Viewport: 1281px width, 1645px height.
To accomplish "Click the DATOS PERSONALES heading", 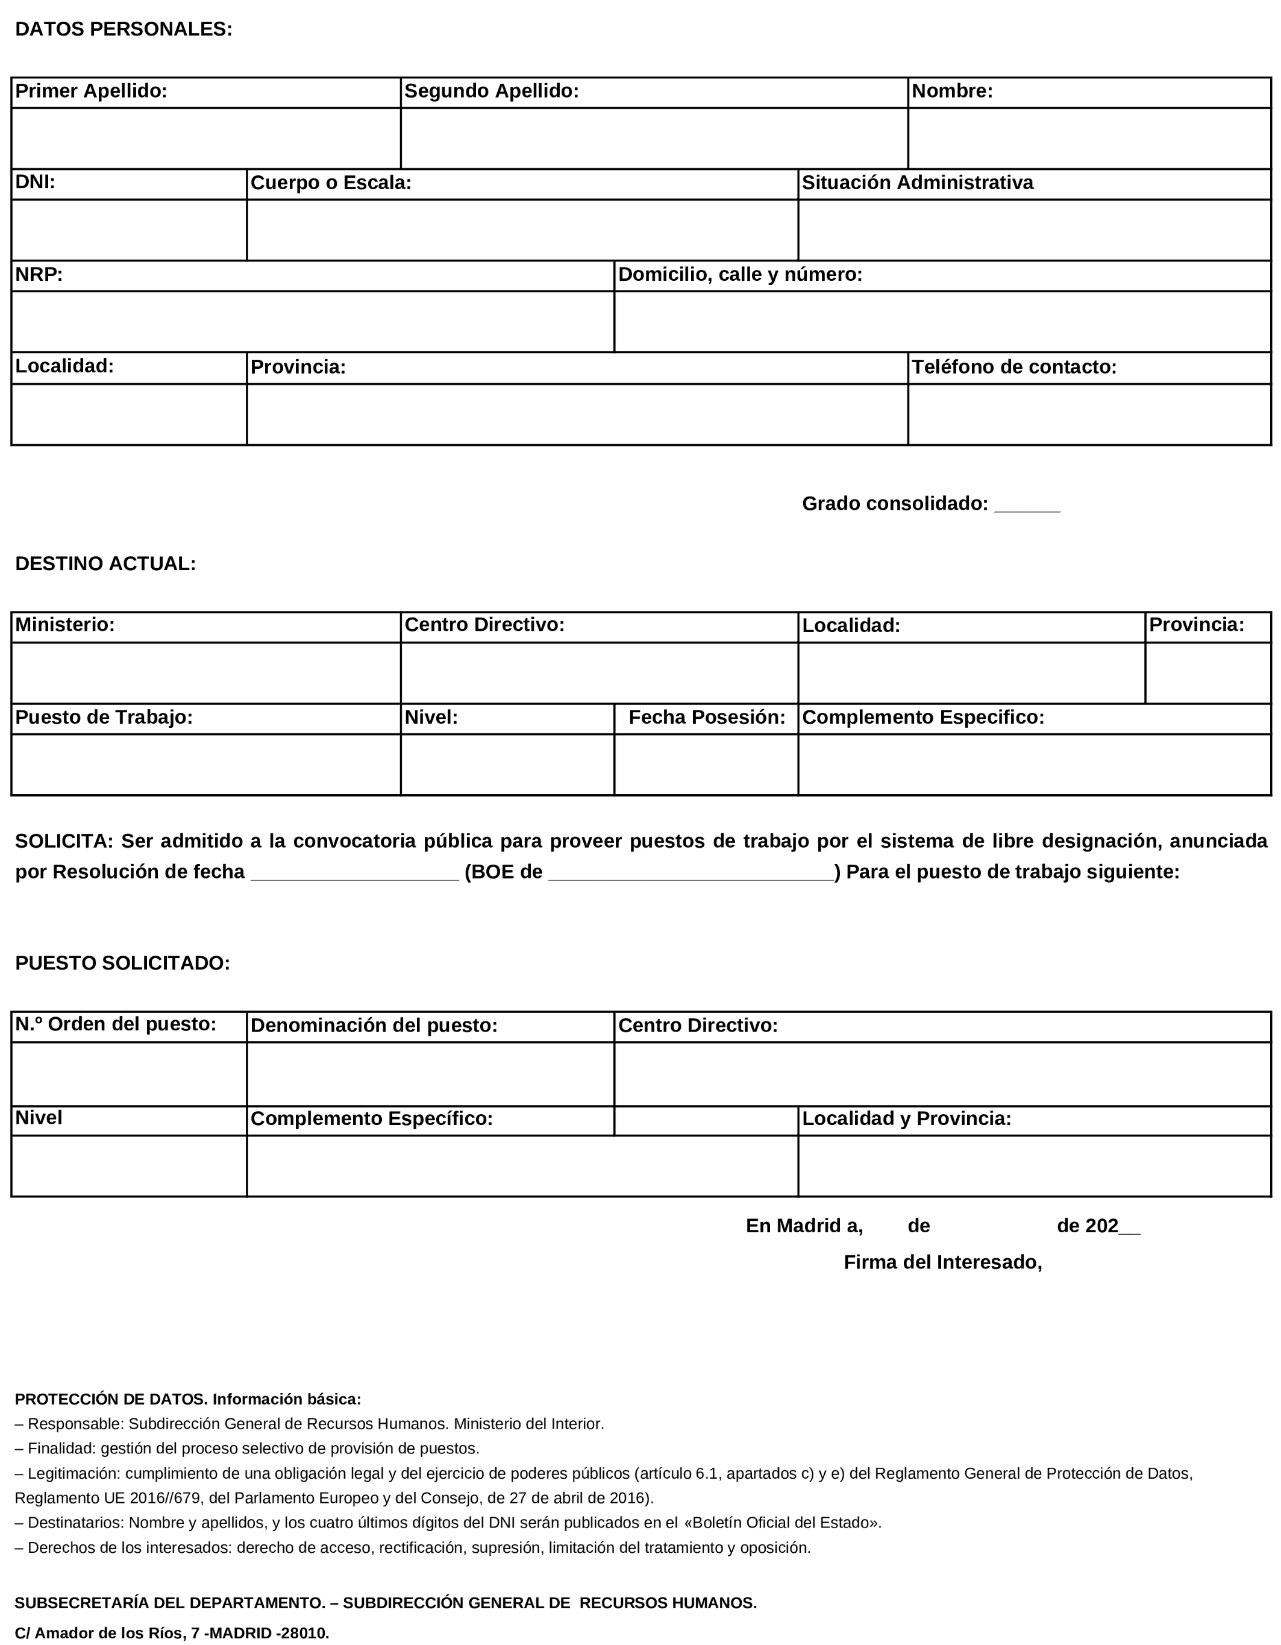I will click(x=124, y=30).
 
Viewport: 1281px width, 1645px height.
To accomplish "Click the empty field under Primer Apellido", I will click(x=205, y=139).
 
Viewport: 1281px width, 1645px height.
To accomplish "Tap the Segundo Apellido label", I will click(x=491, y=91).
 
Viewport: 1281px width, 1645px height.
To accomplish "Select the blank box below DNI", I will click(x=129, y=230).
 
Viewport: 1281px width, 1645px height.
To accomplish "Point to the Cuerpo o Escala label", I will click(x=331, y=183).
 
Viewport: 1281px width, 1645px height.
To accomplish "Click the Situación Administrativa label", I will click(x=916, y=183).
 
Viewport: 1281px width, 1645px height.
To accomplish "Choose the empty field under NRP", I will click(x=313, y=322).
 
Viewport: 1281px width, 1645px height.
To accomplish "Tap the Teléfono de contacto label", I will click(x=1013, y=368).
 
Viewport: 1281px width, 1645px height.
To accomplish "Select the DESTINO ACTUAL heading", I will click(x=105, y=564).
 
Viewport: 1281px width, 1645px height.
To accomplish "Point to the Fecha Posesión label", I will click(x=706, y=718).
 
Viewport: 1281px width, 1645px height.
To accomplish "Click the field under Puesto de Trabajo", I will click(x=205, y=765).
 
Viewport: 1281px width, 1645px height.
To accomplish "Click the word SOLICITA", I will click(x=63, y=841).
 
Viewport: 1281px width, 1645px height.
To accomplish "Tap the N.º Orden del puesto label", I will click(x=115, y=1024).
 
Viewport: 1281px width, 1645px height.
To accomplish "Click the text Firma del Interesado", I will click(x=942, y=1263).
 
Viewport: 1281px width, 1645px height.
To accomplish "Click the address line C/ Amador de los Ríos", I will click(x=172, y=1633).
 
